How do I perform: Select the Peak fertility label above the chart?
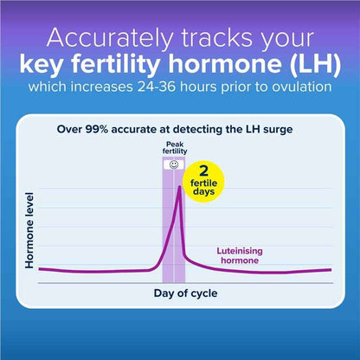(174, 149)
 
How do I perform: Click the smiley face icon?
(174, 164)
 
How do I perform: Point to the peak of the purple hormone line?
(179, 188)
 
